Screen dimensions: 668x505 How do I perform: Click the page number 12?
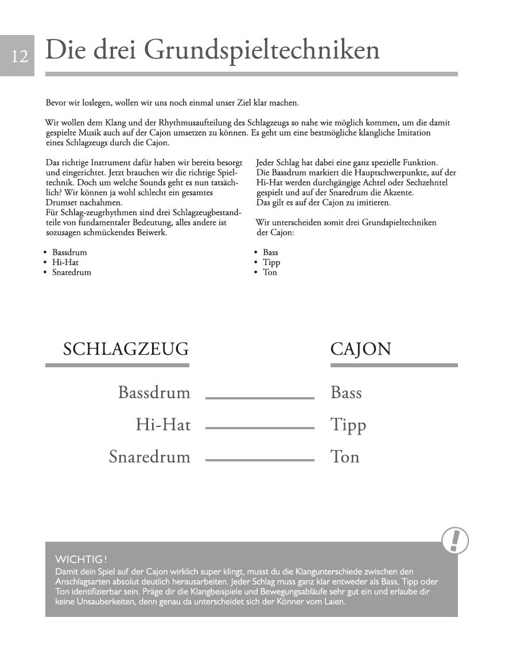(20, 56)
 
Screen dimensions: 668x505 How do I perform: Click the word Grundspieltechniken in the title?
(261, 51)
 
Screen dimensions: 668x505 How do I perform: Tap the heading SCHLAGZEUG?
(126, 349)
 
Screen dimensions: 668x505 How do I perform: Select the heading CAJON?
(361, 349)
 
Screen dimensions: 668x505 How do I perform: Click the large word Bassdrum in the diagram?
(154, 393)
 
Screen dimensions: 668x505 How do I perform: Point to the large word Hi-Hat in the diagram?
(163, 425)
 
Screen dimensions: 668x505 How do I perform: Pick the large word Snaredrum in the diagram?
(149, 457)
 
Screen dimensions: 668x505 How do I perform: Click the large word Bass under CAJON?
(346, 393)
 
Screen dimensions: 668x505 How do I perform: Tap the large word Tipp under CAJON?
(348, 425)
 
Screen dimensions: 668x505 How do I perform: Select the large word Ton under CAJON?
(345, 457)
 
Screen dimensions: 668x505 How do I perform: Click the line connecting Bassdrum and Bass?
(259, 397)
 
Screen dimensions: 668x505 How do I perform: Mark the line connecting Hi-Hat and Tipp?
(259, 428)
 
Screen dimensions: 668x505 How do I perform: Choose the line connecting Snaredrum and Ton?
(259, 460)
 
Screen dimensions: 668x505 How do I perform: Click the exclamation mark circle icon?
(455, 541)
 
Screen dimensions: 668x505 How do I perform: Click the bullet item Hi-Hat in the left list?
(65, 262)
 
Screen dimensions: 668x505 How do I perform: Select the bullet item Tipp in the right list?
(271, 262)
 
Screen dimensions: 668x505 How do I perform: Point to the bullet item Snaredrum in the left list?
(71, 272)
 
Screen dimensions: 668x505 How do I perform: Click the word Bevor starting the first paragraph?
(56, 103)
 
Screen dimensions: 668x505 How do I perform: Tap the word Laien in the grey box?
(333, 602)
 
